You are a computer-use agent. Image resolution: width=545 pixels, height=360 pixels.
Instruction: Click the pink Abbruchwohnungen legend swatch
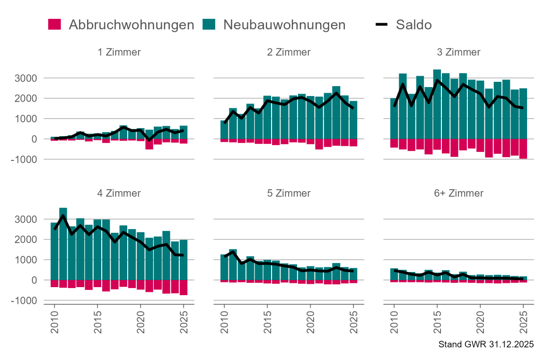55,25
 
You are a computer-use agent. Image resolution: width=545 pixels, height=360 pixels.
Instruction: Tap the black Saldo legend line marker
382,25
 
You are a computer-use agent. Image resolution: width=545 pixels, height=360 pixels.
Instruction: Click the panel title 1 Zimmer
119,52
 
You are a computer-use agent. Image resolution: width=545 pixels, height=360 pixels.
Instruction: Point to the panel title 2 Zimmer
289,52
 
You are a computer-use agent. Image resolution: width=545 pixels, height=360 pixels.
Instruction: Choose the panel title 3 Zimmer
458,52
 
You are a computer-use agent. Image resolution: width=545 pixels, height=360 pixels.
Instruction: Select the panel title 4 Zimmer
119,193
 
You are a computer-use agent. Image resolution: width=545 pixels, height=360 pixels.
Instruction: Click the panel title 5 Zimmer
289,193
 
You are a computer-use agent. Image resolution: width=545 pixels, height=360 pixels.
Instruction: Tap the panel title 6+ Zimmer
458,193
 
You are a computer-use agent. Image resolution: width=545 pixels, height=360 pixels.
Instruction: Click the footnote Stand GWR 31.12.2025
486,344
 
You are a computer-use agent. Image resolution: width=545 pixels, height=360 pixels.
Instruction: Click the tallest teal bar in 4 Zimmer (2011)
63,244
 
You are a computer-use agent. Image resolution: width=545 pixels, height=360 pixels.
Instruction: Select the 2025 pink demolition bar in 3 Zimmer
523,149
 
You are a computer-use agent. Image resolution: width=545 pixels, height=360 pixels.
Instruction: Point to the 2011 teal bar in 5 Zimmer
233,264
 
